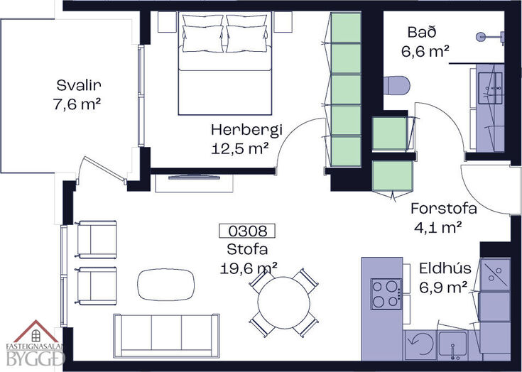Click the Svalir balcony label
pos(79,85)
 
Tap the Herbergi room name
pos(246,129)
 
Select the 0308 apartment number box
pos(247,231)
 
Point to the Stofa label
pos(247,249)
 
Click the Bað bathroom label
pos(422,32)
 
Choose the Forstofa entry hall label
pos(443,208)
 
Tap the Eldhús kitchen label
pos(445,268)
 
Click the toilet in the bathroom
pos(396,85)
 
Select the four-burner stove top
pos(386,294)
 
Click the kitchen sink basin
pos(453,344)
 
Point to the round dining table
pos(284,303)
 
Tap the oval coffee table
pos(165,285)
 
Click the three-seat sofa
pos(166,336)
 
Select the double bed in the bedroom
pos(225,63)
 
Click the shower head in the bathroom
pos(482,36)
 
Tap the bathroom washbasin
pos(490,88)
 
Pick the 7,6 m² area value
pos(77,104)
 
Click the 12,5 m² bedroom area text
pos(240,148)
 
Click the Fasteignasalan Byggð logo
pos(35,344)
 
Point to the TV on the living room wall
pos(194,177)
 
